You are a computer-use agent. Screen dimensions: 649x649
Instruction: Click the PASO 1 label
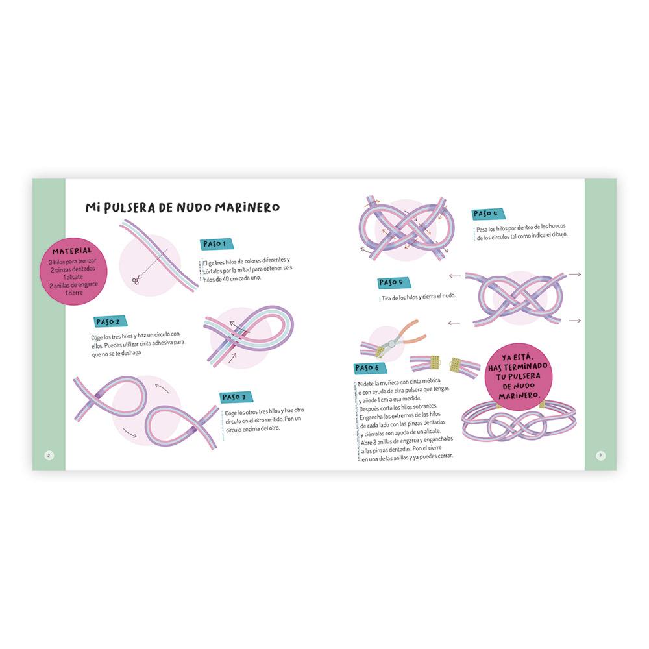(x=217, y=244)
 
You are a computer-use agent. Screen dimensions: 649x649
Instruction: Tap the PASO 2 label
(x=110, y=322)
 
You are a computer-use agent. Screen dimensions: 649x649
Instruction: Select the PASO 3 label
(x=236, y=397)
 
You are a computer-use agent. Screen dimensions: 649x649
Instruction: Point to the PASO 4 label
(x=488, y=214)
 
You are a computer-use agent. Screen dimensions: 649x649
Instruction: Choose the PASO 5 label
(x=393, y=282)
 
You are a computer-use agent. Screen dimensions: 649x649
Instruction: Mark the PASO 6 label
(x=370, y=367)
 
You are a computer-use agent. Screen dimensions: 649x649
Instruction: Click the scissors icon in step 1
(x=136, y=280)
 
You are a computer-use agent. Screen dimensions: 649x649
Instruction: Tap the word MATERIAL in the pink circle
(x=72, y=251)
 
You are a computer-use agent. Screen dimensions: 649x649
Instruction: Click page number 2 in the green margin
(x=49, y=456)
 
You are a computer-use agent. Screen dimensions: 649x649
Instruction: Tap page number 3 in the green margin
(x=600, y=456)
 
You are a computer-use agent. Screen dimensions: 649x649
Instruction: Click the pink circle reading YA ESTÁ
(x=519, y=376)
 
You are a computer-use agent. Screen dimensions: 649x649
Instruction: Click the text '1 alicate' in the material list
(x=73, y=277)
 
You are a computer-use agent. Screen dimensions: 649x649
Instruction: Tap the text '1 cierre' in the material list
(x=74, y=293)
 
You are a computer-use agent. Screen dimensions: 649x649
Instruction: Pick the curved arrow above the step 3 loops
(x=162, y=388)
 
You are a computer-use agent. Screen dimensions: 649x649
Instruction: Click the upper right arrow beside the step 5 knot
(x=574, y=274)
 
